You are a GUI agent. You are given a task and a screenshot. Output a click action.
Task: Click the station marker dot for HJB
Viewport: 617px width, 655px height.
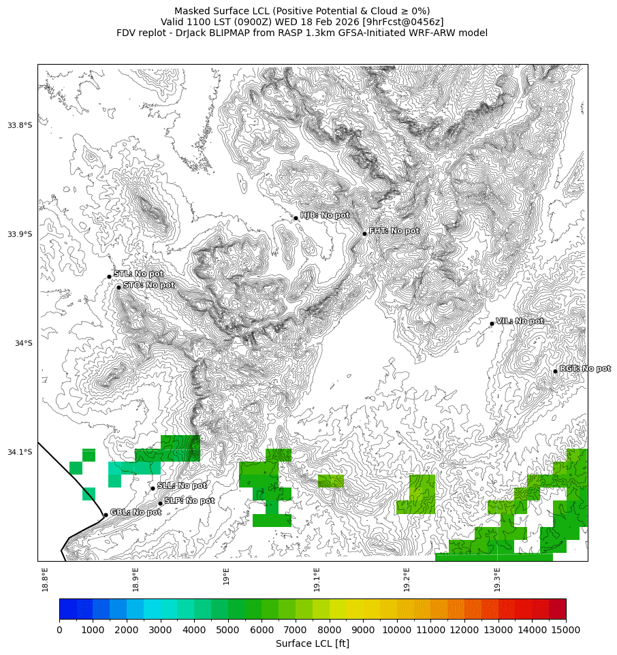click(296, 218)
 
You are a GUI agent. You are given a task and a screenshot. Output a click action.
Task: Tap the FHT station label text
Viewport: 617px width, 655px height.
click(394, 231)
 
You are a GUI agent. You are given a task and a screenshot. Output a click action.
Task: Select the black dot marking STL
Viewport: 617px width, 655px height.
click(109, 276)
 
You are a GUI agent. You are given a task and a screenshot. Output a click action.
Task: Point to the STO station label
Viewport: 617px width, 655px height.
click(148, 285)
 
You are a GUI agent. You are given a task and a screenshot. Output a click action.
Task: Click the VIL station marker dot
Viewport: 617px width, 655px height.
click(492, 323)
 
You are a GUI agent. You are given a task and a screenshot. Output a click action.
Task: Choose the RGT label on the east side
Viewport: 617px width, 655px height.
click(585, 368)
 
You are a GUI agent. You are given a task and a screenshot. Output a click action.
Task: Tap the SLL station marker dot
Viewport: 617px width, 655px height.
click(153, 488)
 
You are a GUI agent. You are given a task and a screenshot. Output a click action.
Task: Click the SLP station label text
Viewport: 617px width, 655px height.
click(189, 501)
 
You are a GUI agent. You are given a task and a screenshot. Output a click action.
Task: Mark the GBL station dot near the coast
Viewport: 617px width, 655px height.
click(106, 514)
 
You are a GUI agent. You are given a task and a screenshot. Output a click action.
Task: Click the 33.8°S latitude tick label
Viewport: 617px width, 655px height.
click(20, 125)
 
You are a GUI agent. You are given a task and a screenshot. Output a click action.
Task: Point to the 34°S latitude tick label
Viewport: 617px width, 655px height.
click(24, 343)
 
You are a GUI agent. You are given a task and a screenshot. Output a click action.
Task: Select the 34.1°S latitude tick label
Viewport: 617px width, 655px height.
click(20, 452)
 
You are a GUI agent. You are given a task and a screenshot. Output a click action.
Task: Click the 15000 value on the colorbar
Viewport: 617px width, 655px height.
click(566, 630)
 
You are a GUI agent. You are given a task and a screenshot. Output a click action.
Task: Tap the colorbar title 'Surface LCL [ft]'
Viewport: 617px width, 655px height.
click(313, 643)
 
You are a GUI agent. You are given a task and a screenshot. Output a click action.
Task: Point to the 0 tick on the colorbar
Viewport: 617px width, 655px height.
click(59, 630)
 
